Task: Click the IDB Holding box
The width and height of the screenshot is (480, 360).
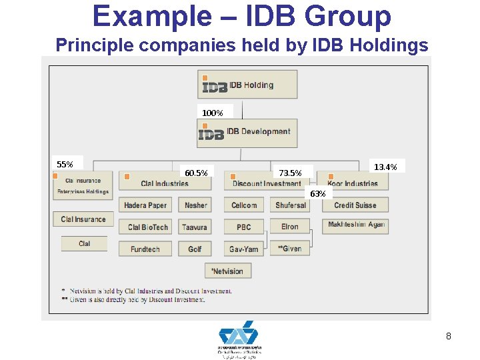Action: pyautogui.click(x=247, y=85)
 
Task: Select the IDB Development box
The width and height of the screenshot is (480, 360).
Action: pyautogui.click(x=247, y=133)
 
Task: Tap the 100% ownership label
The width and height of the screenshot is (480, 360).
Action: pyautogui.click(x=213, y=113)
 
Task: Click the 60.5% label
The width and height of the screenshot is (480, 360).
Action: pyautogui.click(x=196, y=173)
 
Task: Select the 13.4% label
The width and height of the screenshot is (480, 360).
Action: pyautogui.click(x=385, y=167)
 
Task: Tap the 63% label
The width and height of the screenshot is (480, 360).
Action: pyautogui.click(x=318, y=193)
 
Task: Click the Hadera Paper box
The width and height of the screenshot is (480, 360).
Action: pyautogui.click(x=145, y=205)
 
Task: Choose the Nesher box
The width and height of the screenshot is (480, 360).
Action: pyautogui.click(x=195, y=205)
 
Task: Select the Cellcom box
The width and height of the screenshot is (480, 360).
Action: pyautogui.click(x=244, y=205)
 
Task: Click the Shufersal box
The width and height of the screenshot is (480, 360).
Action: pyautogui.click(x=291, y=205)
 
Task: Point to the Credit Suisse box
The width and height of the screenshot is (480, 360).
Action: pyautogui.click(x=355, y=205)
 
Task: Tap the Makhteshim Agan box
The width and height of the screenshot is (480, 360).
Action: pyautogui.click(x=355, y=225)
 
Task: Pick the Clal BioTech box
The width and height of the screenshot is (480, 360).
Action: pyautogui.click(x=147, y=227)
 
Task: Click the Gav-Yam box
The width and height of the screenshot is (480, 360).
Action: pyautogui.click(x=244, y=249)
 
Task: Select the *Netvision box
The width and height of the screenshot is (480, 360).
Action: pyautogui.click(x=227, y=271)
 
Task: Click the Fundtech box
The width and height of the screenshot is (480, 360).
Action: pyautogui.click(x=145, y=249)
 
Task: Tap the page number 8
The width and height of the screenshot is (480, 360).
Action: pyautogui.click(x=449, y=337)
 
